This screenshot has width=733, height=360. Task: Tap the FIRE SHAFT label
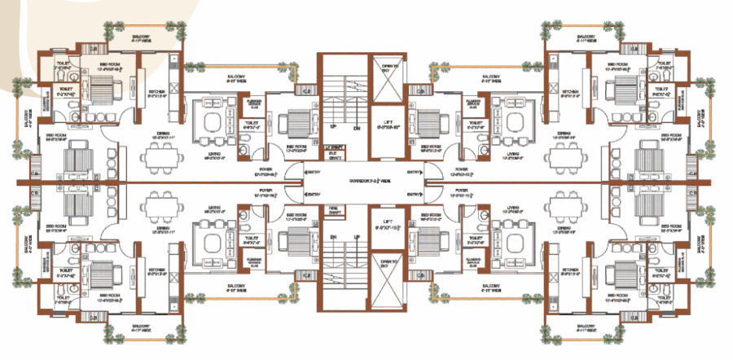point(331,210)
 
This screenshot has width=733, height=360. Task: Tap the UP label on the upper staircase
point(332,128)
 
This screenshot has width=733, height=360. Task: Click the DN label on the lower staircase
point(332,236)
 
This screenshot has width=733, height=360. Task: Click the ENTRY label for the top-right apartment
point(415,170)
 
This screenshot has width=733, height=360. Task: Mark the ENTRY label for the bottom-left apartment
point(313,194)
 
